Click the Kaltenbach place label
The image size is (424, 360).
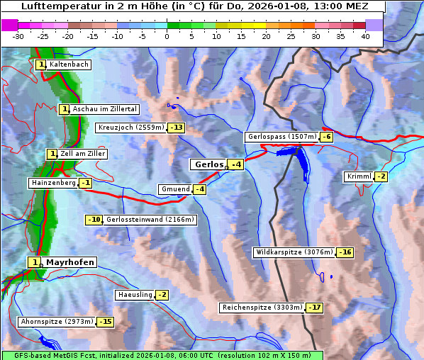(x=69, y=64)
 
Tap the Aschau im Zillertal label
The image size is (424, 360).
(x=105, y=109)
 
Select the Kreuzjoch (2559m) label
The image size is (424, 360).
(x=130, y=128)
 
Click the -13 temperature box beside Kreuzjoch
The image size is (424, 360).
(x=176, y=128)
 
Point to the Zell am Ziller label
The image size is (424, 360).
(x=82, y=154)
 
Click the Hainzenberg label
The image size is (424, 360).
(x=52, y=183)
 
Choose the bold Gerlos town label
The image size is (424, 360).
(x=208, y=164)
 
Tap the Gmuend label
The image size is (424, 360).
(x=175, y=189)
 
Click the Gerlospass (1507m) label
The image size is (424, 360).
(x=281, y=137)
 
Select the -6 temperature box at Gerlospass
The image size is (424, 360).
(x=326, y=137)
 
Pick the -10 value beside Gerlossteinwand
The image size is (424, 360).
(x=94, y=220)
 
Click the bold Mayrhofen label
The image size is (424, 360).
(x=69, y=262)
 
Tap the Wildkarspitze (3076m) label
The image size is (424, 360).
(x=294, y=252)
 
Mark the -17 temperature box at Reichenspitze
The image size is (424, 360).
(x=315, y=308)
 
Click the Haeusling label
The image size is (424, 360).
(x=134, y=295)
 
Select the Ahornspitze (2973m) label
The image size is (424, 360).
(x=57, y=322)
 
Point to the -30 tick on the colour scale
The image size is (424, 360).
(x=18, y=36)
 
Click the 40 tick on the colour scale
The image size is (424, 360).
(x=365, y=36)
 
